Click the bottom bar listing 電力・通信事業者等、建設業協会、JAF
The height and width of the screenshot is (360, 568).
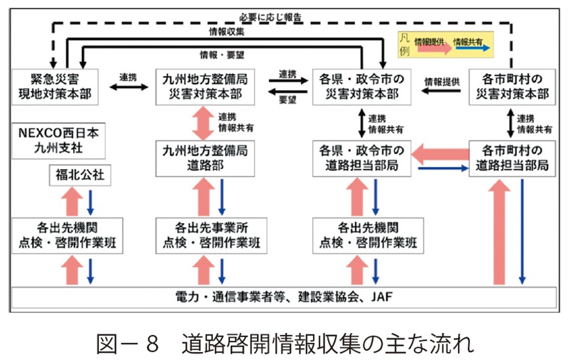tap(284, 295)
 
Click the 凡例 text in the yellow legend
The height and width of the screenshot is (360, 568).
tap(404, 43)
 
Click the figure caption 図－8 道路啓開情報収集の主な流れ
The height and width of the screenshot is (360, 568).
tap(284, 341)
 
